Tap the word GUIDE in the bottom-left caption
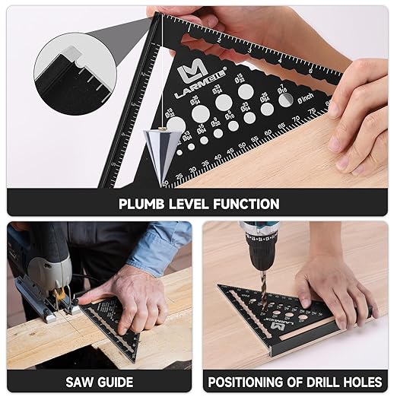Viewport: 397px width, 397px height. click(x=116, y=381)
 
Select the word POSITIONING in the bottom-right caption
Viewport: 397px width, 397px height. click(x=255, y=381)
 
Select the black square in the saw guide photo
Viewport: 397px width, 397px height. click(x=114, y=323)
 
